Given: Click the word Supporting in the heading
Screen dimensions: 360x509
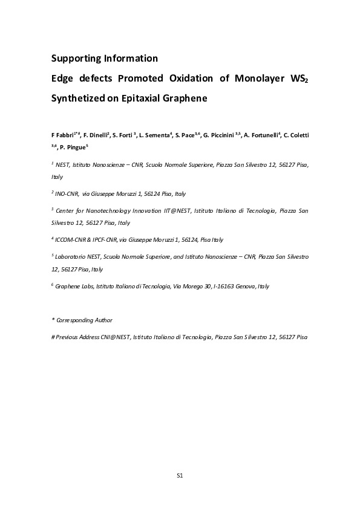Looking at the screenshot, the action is [x=75, y=59].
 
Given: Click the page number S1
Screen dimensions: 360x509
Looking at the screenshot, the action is [x=180, y=476].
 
